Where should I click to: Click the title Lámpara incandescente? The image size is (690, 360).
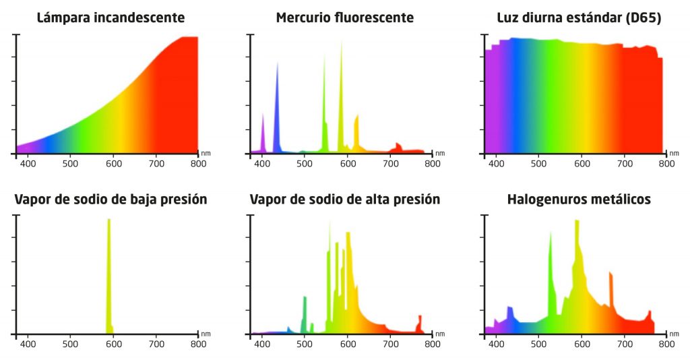pos(111,18)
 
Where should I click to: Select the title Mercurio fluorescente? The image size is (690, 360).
pos(345,18)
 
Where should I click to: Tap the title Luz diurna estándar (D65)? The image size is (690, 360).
pos(579,18)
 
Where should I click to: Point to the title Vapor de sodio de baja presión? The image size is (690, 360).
pos(111,200)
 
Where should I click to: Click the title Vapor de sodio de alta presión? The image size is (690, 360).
pos(345,200)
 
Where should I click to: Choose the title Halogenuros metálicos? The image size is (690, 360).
pos(579,200)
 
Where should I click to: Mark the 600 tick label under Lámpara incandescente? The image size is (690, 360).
pos(113,163)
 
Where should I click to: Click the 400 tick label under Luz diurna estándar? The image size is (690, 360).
pos(496,163)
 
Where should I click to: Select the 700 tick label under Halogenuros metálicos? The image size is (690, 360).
pos(624,344)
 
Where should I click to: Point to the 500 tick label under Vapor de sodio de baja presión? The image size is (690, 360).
pos(71,344)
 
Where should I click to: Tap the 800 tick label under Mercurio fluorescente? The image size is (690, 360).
pos(433,163)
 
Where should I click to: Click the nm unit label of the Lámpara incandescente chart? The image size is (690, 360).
pos(206,152)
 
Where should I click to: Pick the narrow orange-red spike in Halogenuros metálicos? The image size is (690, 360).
pos(611,290)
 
